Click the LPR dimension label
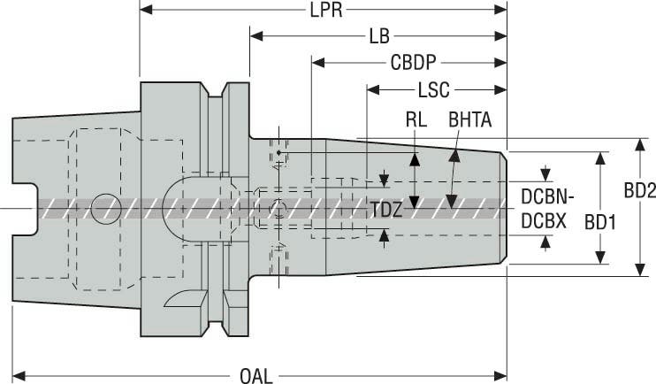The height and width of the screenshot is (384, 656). [x=324, y=11]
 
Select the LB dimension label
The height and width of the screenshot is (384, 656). [x=379, y=37]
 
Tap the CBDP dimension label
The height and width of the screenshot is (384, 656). [x=416, y=64]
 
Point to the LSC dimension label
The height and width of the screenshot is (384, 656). [x=434, y=90]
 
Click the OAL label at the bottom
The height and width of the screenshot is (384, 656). [x=257, y=374]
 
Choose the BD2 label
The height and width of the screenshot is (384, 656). [x=638, y=189]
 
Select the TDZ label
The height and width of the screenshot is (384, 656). [x=385, y=210]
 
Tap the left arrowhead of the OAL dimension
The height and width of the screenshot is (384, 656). [x=18, y=374]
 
